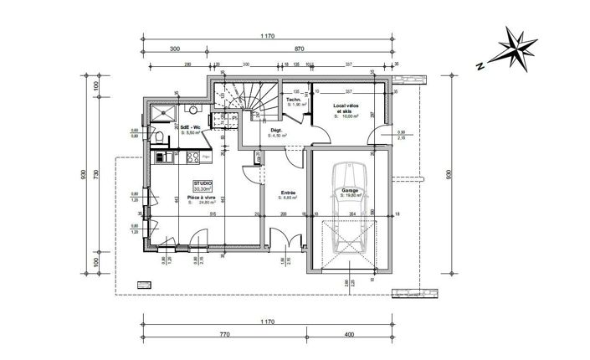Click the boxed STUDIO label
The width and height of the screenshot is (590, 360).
203,186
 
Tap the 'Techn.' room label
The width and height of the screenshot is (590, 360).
294,100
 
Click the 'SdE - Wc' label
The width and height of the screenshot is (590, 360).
191,126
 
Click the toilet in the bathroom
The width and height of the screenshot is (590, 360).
158,137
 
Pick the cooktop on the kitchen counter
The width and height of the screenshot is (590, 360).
192,157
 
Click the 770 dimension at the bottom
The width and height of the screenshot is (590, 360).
225,333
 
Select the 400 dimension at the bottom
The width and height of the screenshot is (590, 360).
349,333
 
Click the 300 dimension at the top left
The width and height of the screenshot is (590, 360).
175,49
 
